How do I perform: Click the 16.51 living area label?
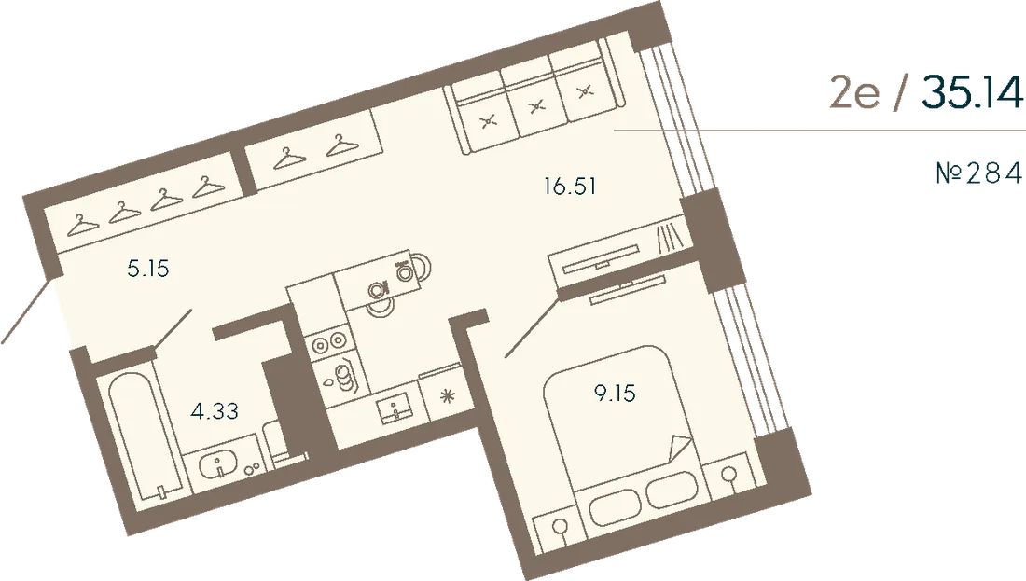[x=570, y=187]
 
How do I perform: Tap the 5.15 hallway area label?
[x=148, y=269]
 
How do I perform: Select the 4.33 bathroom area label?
[x=215, y=411]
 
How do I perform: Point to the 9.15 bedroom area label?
[x=615, y=394]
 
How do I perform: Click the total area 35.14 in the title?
[x=972, y=92]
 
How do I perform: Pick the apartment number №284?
[x=978, y=173]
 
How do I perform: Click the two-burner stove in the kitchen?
[x=328, y=341]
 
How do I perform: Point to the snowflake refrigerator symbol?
[x=448, y=396]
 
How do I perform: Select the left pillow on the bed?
[x=615, y=507]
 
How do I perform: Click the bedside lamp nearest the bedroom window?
[x=729, y=476]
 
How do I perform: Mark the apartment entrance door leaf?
[x=26, y=311]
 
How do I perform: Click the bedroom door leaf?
[x=532, y=328]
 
